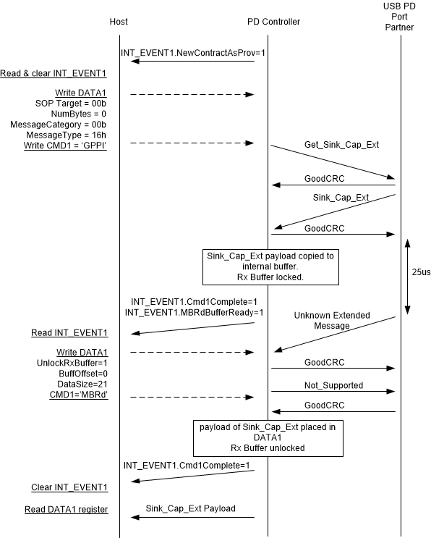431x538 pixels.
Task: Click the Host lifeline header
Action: [119, 22]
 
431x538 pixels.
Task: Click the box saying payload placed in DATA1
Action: [268, 437]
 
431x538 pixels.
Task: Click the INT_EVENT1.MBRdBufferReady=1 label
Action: [194, 312]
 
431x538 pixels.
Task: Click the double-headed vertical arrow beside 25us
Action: [407, 275]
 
